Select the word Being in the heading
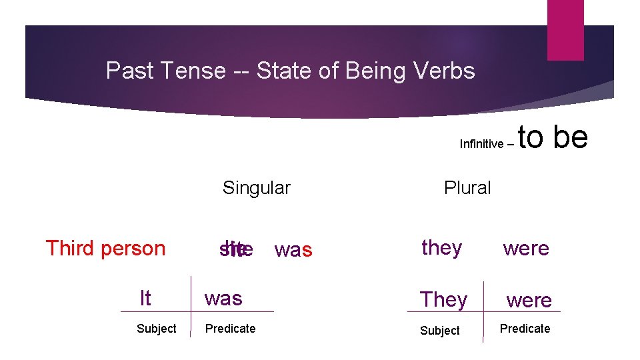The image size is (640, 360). [x=373, y=70]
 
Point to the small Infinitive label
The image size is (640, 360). [x=481, y=144]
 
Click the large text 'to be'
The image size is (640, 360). [x=553, y=137]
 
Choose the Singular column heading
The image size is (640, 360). [x=257, y=188]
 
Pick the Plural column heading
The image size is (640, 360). [x=467, y=188]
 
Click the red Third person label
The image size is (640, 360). [x=105, y=248]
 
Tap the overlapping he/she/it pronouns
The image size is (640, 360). [x=236, y=248]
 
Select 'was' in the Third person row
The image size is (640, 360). [x=293, y=250]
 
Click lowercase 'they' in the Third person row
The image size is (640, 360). [x=442, y=248]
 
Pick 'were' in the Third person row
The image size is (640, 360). [x=526, y=249]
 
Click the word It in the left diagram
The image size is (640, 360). [x=145, y=298]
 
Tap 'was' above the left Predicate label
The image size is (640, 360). [x=223, y=299]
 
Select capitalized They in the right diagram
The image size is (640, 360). [x=443, y=300]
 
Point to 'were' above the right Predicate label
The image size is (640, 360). [x=529, y=301]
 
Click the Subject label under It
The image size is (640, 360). [x=157, y=329]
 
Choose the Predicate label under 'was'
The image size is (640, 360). [x=230, y=329]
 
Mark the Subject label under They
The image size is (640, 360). [x=440, y=331]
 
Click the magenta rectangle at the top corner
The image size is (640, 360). [x=565, y=29]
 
